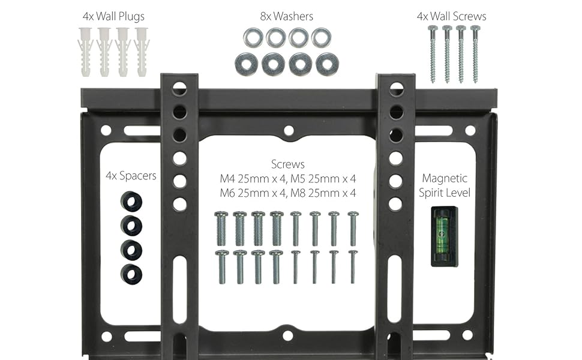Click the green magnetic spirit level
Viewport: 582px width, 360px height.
click(444, 237)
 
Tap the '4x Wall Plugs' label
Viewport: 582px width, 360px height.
click(113, 17)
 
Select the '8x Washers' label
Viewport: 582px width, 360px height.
click(287, 16)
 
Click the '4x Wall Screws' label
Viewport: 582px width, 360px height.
click(451, 16)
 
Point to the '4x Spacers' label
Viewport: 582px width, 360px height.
click(131, 176)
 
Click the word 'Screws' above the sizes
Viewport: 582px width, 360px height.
click(288, 164)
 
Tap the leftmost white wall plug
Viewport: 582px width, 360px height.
click(85, 52)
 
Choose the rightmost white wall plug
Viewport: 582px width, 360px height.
click(142, 52)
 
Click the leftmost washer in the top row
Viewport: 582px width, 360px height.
click(253, 38)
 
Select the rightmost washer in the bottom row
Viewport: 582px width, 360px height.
click(327, 64)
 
